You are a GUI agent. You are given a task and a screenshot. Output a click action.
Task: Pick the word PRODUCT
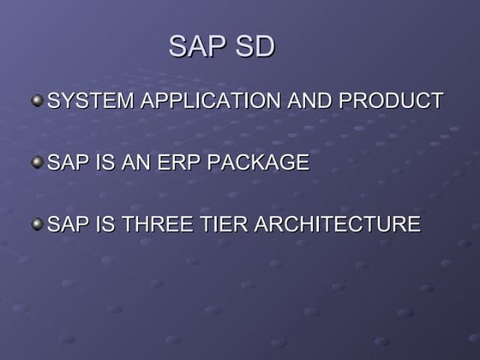pyautogui.click(x=391, y=100)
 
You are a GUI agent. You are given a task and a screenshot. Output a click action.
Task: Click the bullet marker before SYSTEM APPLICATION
pyautogui.click(x=37, y=100)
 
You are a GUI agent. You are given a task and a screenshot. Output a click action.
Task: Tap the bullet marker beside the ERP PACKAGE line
pyautogui.click(x=37, y=162)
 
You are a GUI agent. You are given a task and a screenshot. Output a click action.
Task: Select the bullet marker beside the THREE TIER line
pyautogui.click(x=37, y=225)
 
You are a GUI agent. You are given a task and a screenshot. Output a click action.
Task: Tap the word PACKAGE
pyautogui.click(x=260, y=162)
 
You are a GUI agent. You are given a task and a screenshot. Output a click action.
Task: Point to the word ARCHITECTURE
pyautogui.click(x=340, y=225)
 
